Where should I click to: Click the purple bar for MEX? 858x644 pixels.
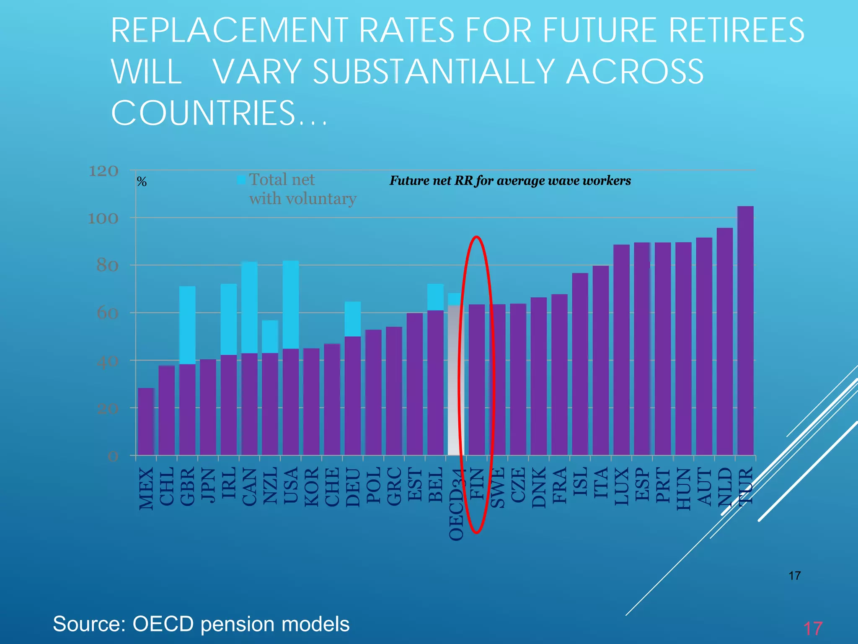146,421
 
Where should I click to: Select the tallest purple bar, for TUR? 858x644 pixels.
745,331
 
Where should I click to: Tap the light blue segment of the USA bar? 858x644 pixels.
291,304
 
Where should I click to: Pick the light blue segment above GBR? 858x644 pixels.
187,325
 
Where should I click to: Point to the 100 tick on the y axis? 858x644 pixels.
103,218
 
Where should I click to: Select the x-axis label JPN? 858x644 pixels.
208,484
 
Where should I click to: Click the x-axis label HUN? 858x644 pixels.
684,489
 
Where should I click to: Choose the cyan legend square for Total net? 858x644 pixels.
241,180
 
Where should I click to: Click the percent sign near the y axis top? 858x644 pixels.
142,182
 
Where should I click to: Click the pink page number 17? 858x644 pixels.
813,628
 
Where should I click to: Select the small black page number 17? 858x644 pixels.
794,576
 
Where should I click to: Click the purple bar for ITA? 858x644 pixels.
600,361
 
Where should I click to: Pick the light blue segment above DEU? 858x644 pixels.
353,319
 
